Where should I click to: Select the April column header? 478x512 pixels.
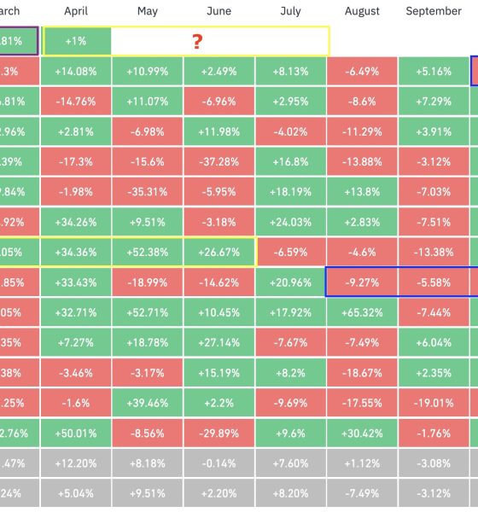point(77,12)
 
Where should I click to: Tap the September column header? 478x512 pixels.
point(434,12)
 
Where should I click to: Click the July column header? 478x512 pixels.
point(290,12)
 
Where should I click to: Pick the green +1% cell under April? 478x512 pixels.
point(77,42)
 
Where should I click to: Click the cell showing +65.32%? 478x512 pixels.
point(362,312)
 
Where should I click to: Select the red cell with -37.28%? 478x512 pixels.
point(219,162)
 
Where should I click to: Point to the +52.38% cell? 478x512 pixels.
point(148,253)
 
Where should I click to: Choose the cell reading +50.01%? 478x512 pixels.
point(77,433)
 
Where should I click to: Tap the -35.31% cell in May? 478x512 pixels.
point(148,192)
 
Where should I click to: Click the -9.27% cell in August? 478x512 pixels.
point(362,282)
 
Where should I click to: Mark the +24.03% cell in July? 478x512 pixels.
point(290,223)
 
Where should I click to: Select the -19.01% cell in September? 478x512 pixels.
point(434,403)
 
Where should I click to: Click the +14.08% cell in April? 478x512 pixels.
point(77,72)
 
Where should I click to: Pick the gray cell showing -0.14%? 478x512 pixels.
point(219,463)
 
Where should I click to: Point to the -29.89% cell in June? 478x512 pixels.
point(219,433)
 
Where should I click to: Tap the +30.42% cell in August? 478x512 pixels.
point(362,433)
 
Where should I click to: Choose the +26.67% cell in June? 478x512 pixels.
point(219,253)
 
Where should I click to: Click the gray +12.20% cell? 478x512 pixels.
point(77,463)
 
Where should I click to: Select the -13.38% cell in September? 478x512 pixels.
point(434,253)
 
